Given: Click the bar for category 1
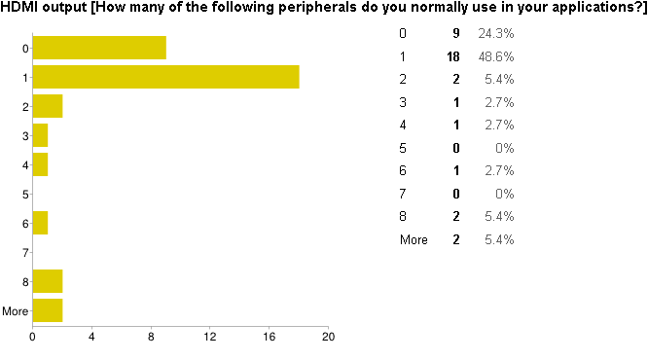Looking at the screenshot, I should [x=165, y=77].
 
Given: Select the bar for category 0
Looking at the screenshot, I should [x=99, y=48].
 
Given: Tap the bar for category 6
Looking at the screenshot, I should [x=40, y=223].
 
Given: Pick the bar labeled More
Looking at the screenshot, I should [x=47, y=310].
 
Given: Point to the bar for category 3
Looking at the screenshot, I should [x=40, y=135].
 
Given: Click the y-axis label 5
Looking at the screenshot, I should [x=24, y=195].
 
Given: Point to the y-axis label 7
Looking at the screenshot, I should [x=24, y=253].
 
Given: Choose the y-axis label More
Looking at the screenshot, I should [x=15, y=311].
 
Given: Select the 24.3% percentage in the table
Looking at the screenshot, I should [x=496, y=34].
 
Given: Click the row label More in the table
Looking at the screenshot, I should [x=414, y=239].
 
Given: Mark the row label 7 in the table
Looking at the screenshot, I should [x=404, y=194].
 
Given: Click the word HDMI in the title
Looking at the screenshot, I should [x=20, y=9].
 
